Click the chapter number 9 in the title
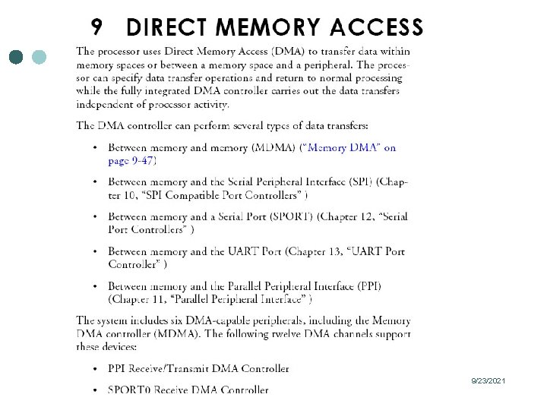(x=96, y=27)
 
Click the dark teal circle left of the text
(x=17, y=57)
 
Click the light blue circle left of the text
(x=40, y=57)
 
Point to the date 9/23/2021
(x=489, y=380)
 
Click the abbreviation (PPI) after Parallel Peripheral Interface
(x=365, y=286)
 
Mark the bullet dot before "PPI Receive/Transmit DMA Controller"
(x=94, y=369)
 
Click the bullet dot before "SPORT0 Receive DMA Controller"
(x=94, y=390)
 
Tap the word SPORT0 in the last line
(x=130, y=390)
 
